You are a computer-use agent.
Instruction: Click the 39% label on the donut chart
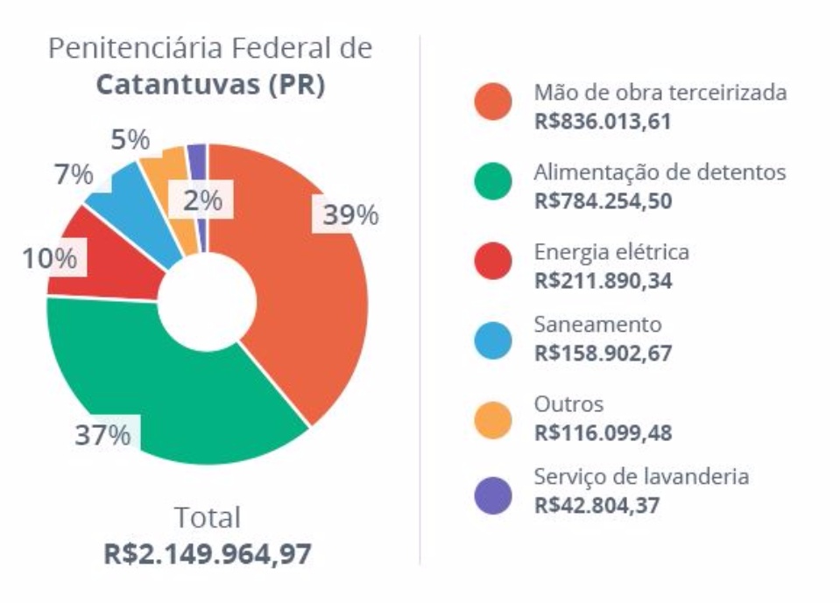click(349, 215)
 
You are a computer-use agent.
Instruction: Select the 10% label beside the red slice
click(50, 259)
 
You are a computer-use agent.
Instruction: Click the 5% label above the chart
click(131, 140)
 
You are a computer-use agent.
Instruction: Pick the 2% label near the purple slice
click(202, 200)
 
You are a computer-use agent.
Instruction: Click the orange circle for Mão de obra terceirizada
click(493, 102)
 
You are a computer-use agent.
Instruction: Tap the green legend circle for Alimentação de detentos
click(493, 182)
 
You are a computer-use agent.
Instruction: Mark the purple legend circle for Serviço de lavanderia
click(493, 495)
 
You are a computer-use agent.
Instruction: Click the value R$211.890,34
click(603, 282)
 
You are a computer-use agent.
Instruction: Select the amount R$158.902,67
click(603, 354)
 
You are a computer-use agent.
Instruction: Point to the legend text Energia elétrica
click(611, 252)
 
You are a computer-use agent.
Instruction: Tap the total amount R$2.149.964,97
click(208, 554)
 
